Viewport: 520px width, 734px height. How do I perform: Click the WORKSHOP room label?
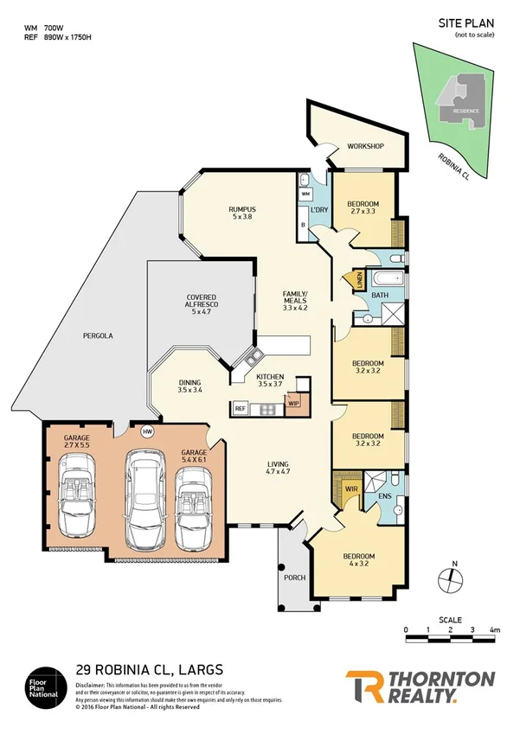pos(365,146)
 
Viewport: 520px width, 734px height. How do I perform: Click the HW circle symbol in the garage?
pos(147,431)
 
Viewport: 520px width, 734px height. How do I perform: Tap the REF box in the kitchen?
pos(240,407)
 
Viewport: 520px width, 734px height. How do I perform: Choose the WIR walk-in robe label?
pos(351,489)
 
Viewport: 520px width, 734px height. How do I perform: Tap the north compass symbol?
pos(448,578)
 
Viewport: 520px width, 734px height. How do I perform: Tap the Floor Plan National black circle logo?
pos(44,685)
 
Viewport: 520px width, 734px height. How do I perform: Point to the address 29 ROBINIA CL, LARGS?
pos(150,668)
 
